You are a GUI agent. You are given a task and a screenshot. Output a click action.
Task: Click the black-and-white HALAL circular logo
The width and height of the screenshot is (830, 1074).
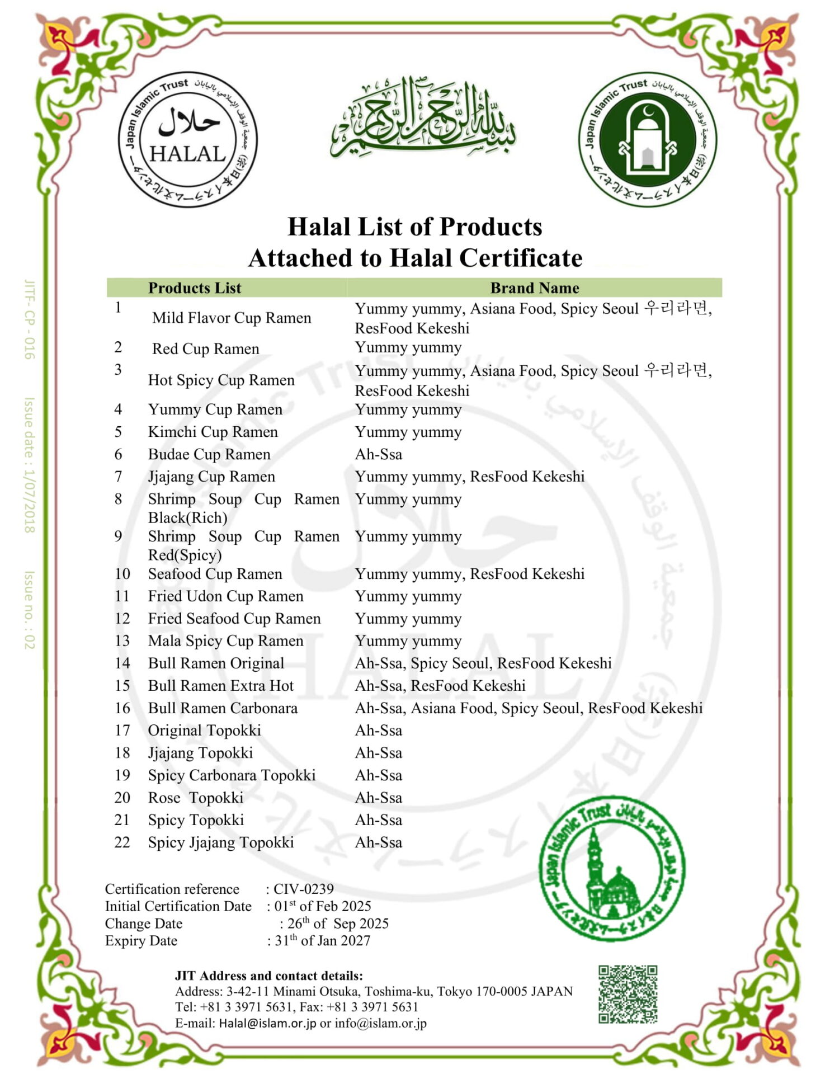click(187, 139)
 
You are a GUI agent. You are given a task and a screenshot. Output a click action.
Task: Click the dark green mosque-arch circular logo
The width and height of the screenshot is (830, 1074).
click(647, 139)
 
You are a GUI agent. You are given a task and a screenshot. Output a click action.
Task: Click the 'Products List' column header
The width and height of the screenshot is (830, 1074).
click(194, 288)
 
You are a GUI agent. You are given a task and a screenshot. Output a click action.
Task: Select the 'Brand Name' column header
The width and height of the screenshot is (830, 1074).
click(534, 288)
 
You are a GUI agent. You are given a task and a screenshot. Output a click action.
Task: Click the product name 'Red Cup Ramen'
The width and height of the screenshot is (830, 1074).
click(205, 349)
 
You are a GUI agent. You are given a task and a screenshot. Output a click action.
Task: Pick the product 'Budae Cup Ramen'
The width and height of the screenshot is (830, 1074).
click(209, 454)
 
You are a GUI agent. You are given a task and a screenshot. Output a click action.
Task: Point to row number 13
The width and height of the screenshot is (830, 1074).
click(122, 640)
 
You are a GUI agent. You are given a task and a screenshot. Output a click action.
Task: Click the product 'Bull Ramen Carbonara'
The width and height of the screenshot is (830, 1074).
click(223, 708)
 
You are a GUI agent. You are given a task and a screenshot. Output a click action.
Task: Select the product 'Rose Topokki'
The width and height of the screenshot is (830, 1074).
click(195, 798)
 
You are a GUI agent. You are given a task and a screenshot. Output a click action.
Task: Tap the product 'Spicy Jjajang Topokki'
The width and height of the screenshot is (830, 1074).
click(220, 842)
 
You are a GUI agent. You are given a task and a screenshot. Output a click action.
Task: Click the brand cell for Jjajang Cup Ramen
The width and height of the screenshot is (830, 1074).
click(469, 477)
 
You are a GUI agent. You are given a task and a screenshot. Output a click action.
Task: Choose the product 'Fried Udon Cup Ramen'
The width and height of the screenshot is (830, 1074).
click(225, 596)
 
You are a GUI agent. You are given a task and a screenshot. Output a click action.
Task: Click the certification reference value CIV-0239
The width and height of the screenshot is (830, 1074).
click(303, 889)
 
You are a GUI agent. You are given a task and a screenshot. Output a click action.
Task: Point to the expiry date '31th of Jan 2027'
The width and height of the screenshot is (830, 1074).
click(322, 941)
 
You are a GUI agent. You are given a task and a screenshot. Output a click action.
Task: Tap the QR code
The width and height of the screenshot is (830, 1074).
click(628, 994)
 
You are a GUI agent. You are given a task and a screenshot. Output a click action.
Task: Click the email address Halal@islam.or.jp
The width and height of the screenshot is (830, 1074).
click(267, 1023)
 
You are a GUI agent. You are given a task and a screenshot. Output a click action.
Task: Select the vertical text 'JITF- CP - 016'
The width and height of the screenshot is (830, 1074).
click(30, 319)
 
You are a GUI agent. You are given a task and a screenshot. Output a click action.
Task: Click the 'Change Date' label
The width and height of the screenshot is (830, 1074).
click(143, 924)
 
